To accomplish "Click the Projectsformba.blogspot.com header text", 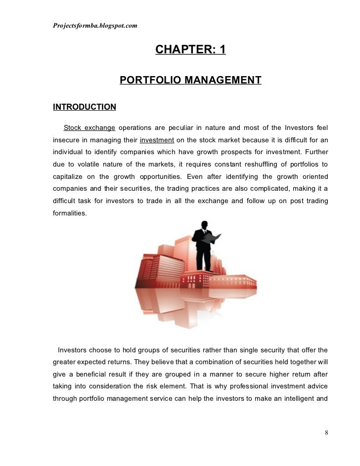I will tap(94, 26).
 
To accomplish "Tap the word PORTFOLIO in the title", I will tap(150, 80).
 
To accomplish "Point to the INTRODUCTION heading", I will tap(85, 107).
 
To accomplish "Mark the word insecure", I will tap(66, 140).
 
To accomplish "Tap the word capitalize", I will tap(69, 176).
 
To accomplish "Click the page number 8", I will tap(326, 433).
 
